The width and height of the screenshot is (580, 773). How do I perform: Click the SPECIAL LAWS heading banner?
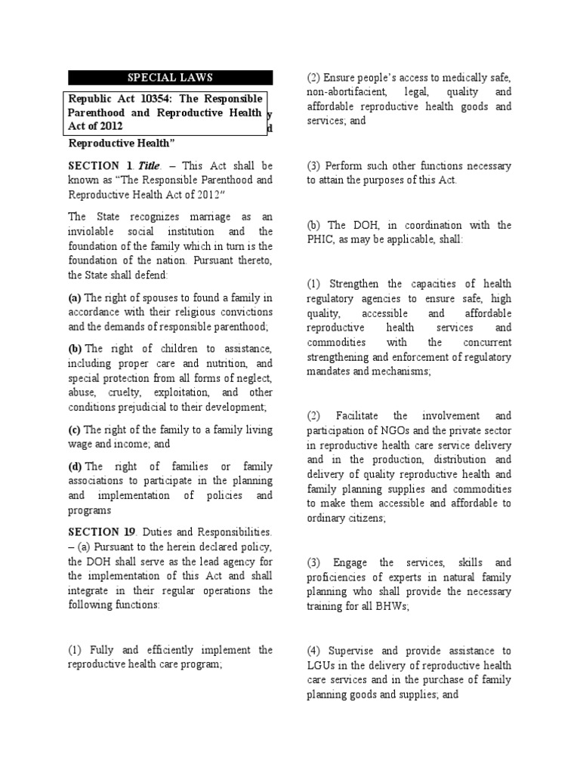pyautogui.click(x=171, y=77)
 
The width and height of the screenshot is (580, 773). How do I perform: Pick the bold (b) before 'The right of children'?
pyautogui.click(x=76, y=349)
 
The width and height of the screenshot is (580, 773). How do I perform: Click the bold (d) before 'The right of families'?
pyautogui.click(x=76, y=467)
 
